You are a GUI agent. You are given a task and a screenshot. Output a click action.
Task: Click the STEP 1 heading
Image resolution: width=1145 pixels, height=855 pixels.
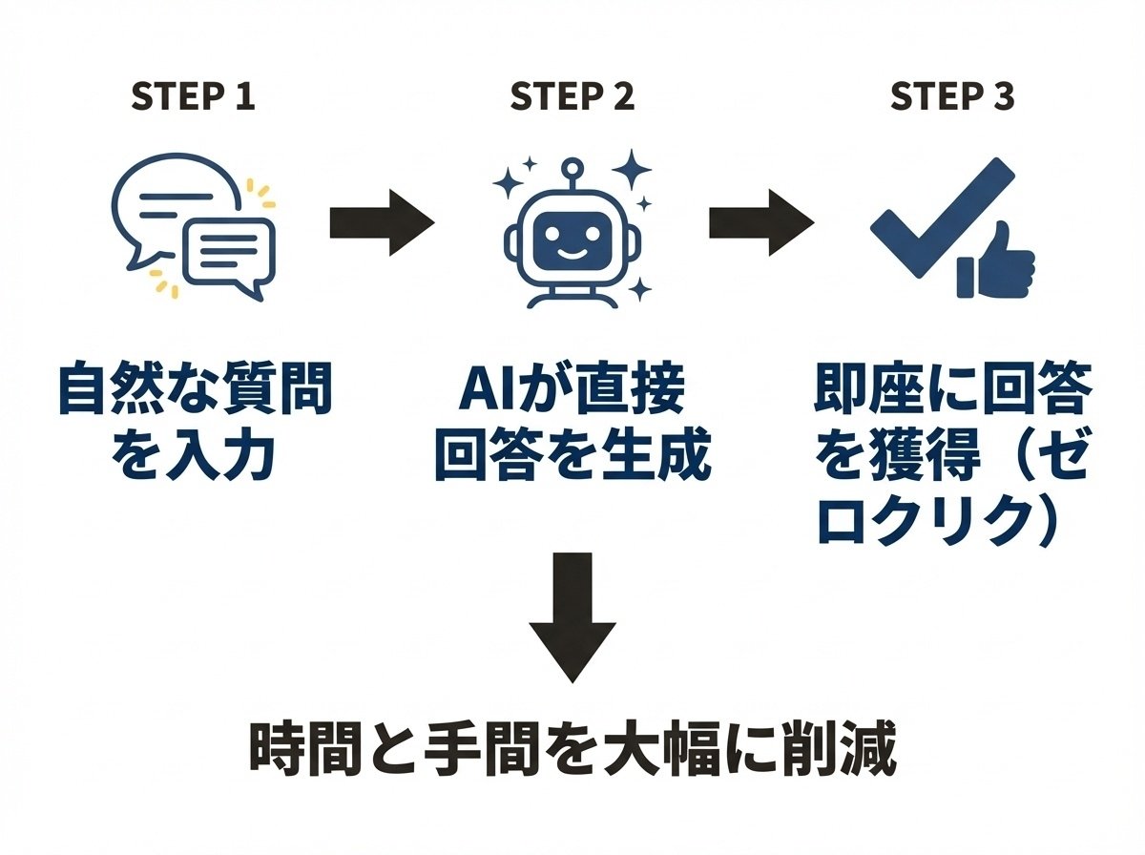pos(193,97)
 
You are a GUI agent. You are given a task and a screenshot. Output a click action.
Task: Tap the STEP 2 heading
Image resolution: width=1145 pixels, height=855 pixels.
pos(572,97)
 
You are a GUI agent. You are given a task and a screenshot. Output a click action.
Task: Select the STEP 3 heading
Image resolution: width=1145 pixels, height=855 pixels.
pos(951,97)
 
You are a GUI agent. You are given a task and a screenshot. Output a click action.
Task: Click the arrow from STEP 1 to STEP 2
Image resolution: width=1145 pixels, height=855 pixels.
pos(381,223)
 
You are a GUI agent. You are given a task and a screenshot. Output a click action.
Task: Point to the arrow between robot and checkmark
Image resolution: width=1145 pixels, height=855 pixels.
pos(760,223)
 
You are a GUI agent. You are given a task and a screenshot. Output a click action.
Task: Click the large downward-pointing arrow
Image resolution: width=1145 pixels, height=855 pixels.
pos(572,615)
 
